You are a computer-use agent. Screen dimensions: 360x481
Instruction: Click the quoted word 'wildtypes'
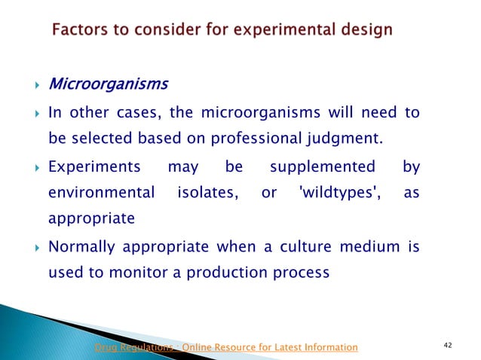click(332, 193)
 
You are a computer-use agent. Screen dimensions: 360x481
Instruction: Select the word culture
click(277, 247)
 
